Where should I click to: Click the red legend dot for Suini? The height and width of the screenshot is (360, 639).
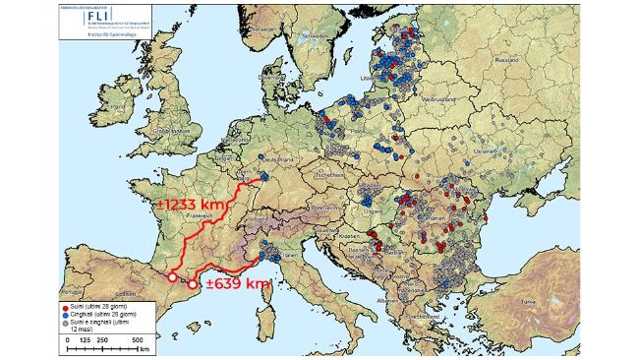coord(66,307)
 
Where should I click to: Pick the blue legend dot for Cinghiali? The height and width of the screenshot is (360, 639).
coord(66,314)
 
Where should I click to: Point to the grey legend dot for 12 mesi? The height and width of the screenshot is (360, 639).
coord(66,322)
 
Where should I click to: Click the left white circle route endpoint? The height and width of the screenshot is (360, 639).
coord(172,278)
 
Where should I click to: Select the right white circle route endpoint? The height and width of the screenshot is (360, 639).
coord(193,285)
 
